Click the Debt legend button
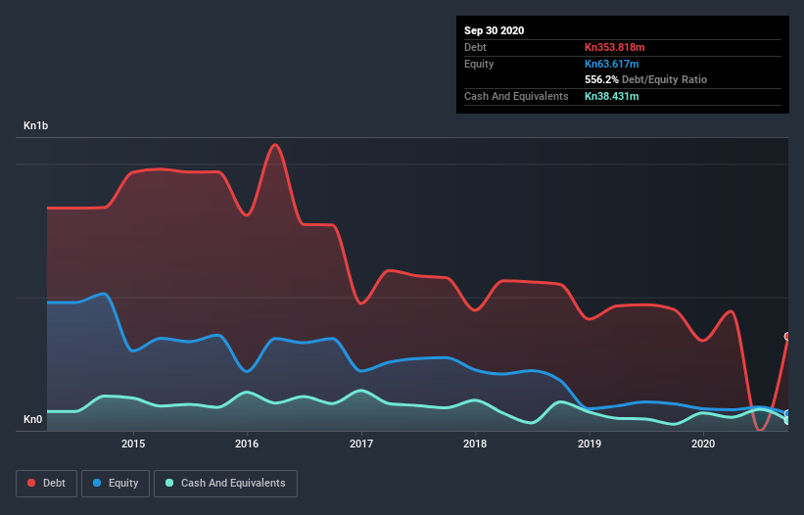[x=46, y=483]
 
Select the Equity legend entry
[x=117, y=483]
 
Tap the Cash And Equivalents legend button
[x=225, y=483]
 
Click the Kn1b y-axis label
[x=36, y=126]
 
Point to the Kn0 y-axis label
[x=32, y=420]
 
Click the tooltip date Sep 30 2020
[x=495, y=30]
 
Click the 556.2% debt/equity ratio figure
[x=602, y=79]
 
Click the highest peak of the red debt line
[x=276, y=145]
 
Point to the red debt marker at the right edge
[x=787, y=336]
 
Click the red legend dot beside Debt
[x=32, y=483]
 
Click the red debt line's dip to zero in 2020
[x=760, y=430]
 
